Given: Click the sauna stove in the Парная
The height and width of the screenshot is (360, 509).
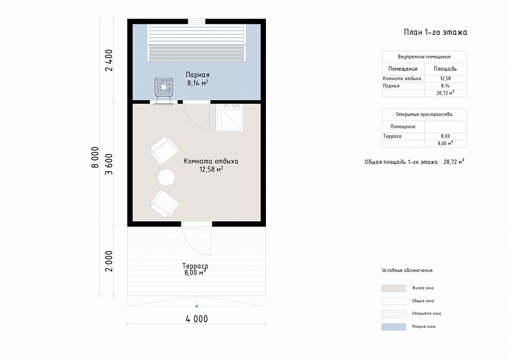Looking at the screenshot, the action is click(164, 88).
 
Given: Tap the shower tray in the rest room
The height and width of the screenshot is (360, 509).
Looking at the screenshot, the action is click(229, 117).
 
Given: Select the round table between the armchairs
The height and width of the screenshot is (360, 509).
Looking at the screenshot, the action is click(166, 178).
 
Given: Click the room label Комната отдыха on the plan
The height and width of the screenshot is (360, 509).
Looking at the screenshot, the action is click(211, 161).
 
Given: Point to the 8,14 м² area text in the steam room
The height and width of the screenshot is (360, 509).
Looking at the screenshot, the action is click(197, 83).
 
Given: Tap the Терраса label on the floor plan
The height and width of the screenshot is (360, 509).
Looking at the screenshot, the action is click(195, 266).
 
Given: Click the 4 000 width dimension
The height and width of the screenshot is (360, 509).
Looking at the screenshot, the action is click(197, 319).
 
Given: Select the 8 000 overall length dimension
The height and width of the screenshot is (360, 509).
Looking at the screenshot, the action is click(95, 158).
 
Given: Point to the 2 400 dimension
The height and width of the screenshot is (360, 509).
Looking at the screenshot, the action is click(109, 60).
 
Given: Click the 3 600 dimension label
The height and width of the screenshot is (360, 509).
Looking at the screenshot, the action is click(109, 164).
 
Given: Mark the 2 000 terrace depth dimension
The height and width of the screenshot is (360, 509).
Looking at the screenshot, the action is click(109, 261).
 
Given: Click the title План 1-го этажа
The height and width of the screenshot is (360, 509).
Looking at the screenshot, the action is click(435, 32).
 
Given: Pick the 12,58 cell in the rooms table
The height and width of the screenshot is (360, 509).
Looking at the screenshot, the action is click(445, 78).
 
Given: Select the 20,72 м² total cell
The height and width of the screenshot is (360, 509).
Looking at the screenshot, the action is click(445, 93).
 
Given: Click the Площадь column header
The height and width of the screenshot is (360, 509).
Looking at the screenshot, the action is click(445, 69).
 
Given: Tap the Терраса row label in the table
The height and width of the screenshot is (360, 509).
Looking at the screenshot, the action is click(392, 136).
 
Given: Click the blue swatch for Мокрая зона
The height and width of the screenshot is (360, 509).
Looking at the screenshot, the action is click(394, 327).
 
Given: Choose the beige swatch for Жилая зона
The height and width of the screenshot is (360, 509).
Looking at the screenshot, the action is click(394, 288).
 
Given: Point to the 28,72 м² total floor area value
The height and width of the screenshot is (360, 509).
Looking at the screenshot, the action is click(454, 162).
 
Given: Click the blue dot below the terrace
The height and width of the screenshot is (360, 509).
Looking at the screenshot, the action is click(196, 306).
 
